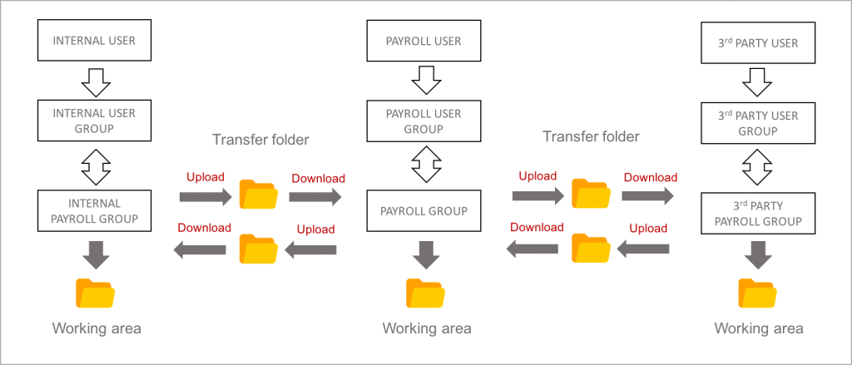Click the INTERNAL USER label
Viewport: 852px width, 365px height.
click(x=94, y=40)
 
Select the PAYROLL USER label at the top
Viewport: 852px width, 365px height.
click(x=424, y=41)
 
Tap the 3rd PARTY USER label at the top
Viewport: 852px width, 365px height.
click(x=757, y=42)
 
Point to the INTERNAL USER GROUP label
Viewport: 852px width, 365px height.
click(x=94, y=121)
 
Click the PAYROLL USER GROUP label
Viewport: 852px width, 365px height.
click(x=424, y=121)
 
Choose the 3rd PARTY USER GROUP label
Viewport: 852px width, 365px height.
click(x=757, y=123)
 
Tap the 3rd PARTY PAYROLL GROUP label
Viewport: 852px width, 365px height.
click(x=757, y=214)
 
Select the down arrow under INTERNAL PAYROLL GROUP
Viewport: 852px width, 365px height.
click(x=97, y=254)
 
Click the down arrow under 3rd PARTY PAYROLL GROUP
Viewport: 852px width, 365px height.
click(x=758, y=255)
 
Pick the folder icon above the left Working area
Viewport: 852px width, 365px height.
click(x=96, y=293)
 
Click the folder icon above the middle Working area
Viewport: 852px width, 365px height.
click(x=425, y=293)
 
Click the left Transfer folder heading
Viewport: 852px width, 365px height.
click(x=260, y=140)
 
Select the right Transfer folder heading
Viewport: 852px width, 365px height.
click(x=592, y=136)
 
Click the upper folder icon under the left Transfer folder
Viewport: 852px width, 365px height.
click(x=258, y=195)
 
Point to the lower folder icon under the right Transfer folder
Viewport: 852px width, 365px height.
click(x=591, y=249)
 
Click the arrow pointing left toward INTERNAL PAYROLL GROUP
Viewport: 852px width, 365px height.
click(x=199, y=249)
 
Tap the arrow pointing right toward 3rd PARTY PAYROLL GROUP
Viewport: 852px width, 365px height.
click(x=648, y=195)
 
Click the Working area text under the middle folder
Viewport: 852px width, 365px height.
click(x=426, y=328)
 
